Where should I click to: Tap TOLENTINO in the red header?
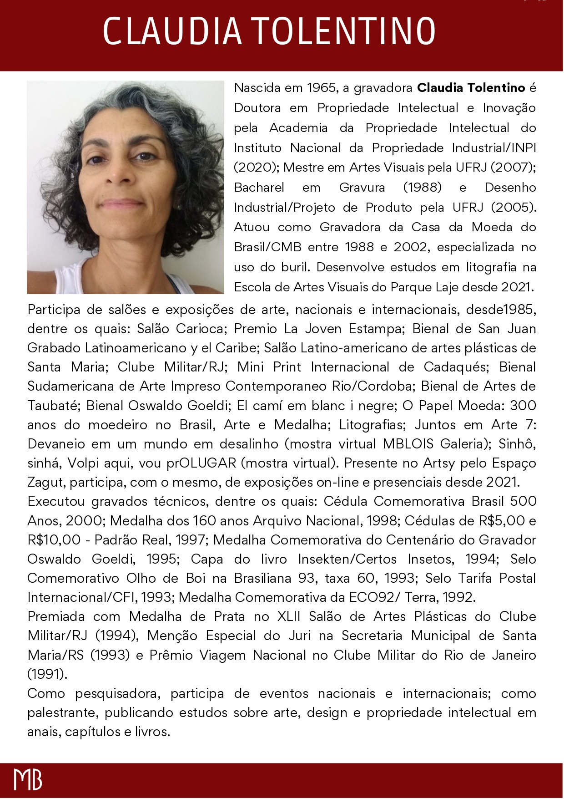pyautogui.click(x=344, y=31)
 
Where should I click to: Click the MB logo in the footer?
pyautogui.click(x=28, y=779)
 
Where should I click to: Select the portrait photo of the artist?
pyautogui.click(x=126, y=187)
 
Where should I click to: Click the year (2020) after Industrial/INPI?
pyautogui.click(x=256, y=168)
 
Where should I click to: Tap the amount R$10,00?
pyautogui.click(x=54, y=540)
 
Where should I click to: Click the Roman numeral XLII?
pyautogui.click(x=289, y=616)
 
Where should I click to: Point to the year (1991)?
pyautogui.click(x=47, y=674)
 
